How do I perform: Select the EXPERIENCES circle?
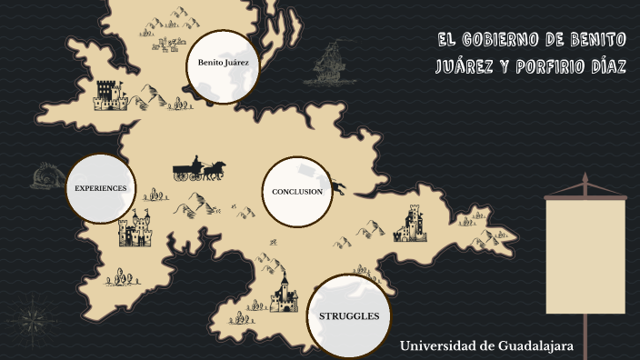pyautogui.click(x=100, y=188)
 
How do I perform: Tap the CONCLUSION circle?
pyautogui.click(x=297, y=192)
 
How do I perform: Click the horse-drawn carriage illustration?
pyautogui.click(x=199, y=169)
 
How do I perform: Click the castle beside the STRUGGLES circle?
pyautogui.click(x=284, y=293)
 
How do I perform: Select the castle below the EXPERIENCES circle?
pyautogui.click(x=135, y=228)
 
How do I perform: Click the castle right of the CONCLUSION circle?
pyautogui.click(x=410, y=223)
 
